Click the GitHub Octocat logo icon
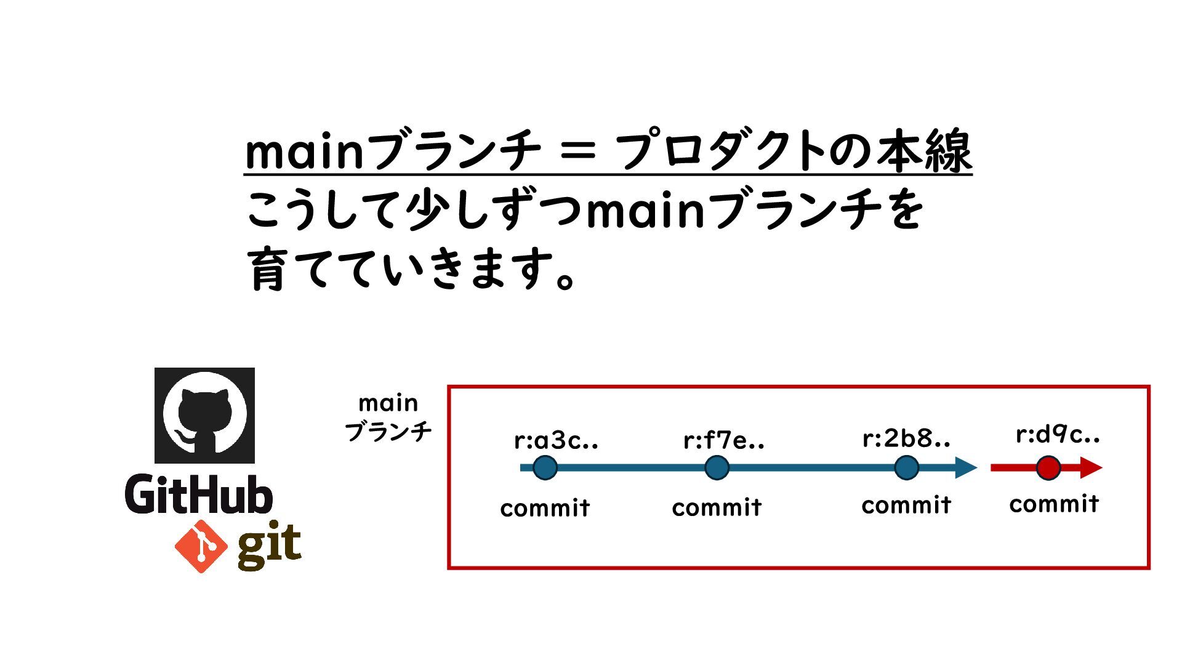tap(204, 415)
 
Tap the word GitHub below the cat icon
tap(199, 494)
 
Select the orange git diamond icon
tap(201, 546)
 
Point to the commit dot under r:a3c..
tap(545, 468)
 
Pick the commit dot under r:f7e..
tap(717, 468)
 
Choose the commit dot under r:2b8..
tap(906, 468)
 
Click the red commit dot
tap(1048, 468)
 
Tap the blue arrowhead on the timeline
tap(965, 468)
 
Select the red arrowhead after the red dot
tap(1091, 468)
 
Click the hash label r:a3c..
tap(556, 441)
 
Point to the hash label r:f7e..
tap(724, 441)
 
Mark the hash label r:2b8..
tap(906, 438)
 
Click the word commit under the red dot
tap(1054, 504)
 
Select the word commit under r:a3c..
tap(545, 509)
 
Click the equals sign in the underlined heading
tap(578, 151)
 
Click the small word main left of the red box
tap(388, 403)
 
